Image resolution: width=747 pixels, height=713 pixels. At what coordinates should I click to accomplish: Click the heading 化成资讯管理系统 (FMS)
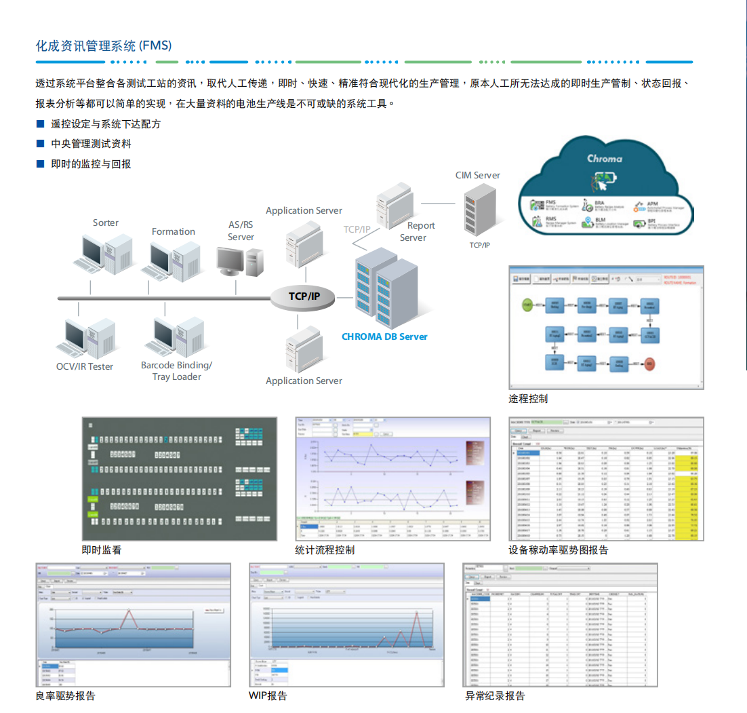[104, 45]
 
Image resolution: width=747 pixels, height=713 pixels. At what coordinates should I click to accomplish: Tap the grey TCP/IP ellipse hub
[304, 296]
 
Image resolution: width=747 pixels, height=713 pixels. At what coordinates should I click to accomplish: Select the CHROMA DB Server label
[384, 336]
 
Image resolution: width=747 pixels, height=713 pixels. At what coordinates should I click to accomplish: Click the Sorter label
[106, 223]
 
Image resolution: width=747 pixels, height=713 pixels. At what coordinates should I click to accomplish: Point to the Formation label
[174, 231]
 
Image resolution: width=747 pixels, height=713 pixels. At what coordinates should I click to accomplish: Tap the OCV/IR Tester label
[85, 366]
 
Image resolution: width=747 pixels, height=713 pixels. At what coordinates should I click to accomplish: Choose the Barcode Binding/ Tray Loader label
[176, 370]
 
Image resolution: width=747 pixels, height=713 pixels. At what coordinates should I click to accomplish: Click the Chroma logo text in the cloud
[605, 158]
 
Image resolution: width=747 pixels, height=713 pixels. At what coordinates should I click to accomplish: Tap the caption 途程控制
[528, 398]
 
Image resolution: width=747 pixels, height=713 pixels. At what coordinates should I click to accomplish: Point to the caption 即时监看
[102, 550]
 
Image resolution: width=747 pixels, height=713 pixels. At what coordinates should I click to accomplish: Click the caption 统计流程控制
[325, 550]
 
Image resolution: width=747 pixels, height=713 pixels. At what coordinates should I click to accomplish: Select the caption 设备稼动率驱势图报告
[559, 550]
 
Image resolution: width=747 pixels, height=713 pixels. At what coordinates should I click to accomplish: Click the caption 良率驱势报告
[66, 695]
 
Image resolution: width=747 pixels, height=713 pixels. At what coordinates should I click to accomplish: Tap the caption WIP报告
[268, 695]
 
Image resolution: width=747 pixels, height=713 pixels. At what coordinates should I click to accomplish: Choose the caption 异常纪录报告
[495, 695]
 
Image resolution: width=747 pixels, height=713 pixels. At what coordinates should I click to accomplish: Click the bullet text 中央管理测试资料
[92, 144]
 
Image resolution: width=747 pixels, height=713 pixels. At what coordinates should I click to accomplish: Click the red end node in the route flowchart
[650, 364]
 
